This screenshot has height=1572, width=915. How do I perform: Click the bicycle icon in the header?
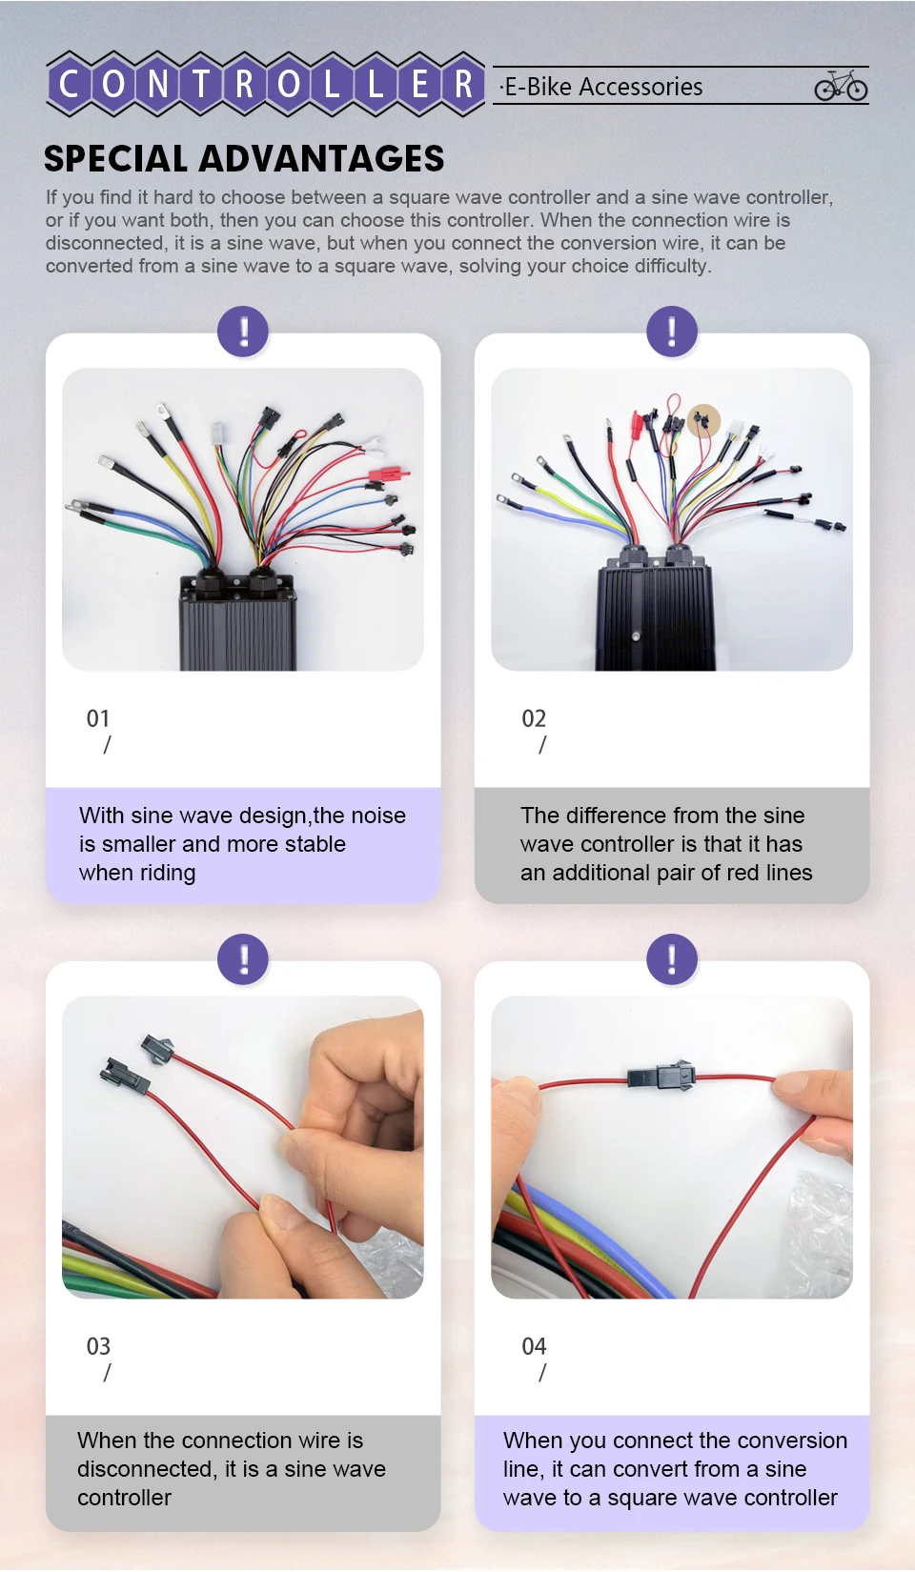841,86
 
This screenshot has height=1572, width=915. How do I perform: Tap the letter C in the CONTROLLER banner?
69,84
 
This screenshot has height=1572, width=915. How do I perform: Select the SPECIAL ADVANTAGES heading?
244,158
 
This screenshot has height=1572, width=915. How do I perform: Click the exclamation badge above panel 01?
243,332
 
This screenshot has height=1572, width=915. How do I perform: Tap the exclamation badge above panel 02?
672,332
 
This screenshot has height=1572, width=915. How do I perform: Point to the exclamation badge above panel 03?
243,959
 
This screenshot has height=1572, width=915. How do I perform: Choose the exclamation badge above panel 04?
672,959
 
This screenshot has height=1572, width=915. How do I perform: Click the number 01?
98,718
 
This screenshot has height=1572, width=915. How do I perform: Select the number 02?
534,718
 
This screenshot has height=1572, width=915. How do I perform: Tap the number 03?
98,1347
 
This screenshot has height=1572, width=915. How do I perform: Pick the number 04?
534,1347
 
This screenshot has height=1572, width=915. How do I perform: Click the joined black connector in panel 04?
661,1075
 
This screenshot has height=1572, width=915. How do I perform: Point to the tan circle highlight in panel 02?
703,421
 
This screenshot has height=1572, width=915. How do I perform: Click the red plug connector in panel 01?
387,475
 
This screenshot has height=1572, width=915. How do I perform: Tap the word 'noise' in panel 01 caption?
378,816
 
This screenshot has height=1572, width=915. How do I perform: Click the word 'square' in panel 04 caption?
641,1499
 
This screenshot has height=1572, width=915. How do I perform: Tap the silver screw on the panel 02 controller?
637,636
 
